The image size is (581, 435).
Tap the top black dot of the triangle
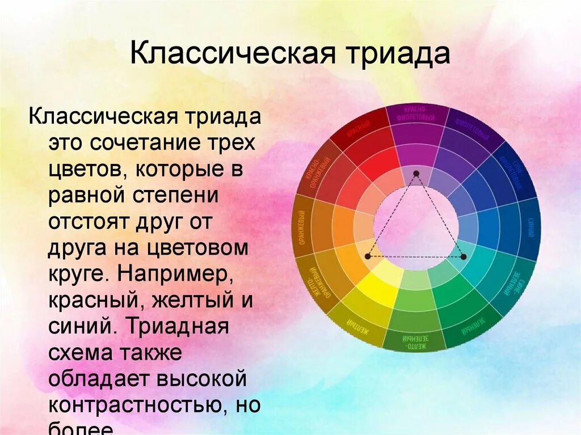[x=416, y=173]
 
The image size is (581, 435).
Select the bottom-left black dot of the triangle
[x=367, y=256]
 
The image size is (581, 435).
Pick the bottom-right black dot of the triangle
[x=464, y=257]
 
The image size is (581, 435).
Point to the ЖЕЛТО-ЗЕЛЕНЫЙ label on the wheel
[x=412, y=341]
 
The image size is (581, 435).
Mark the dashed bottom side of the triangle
[x=415, y=257]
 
